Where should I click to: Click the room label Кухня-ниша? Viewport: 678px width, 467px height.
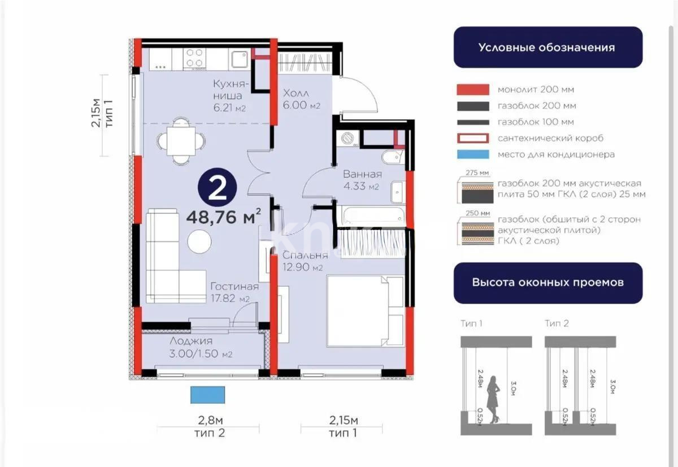[x=228, y=90]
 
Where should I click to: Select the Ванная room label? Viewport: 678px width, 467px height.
[x=362, y=174]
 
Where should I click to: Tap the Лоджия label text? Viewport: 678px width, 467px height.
[x=191, y=341]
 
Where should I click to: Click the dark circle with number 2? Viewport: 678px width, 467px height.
[x=217, y=189]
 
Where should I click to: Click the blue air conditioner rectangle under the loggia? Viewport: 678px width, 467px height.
[x=208, y=395]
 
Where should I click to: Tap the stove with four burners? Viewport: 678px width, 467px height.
[x=195, y=58]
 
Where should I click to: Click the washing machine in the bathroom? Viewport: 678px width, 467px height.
[x=346, y=139]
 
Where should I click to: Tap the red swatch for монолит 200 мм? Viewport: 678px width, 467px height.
[x=472, y=90]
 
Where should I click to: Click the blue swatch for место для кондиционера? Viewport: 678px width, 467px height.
[x=472, y=154]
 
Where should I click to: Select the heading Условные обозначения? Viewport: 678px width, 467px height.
[x=546, y=47]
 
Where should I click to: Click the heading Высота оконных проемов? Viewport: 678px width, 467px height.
[x=547, y=282]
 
